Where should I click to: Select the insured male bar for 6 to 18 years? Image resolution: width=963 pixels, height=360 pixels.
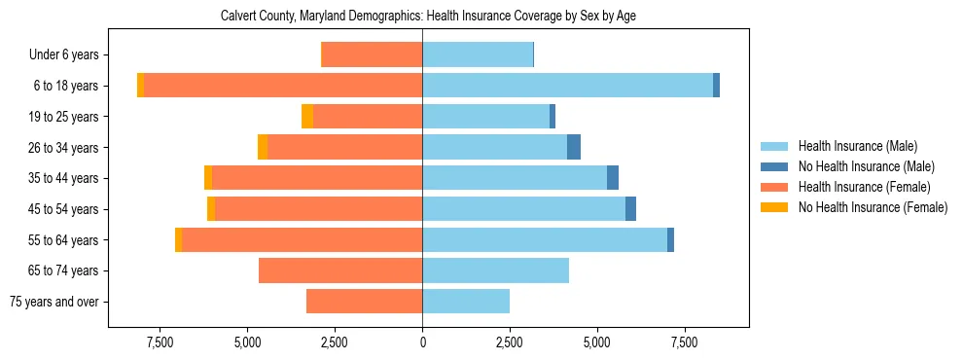(x=567, y=86)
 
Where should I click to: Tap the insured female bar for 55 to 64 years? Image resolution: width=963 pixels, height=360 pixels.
(x=302, y=239)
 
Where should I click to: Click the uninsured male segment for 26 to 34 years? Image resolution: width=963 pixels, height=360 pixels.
(x=574, y=147)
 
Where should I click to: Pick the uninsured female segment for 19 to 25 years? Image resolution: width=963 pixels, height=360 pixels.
(x=307, y=117)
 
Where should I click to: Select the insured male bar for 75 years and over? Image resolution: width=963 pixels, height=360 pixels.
(x=466, y=302)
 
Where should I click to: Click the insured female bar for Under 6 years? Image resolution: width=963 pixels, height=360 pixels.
(x=372, y=54)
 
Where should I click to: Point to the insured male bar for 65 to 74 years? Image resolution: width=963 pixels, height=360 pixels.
(x=495, y=270)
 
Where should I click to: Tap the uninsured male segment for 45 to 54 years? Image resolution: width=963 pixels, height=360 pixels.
(x=630, y=209)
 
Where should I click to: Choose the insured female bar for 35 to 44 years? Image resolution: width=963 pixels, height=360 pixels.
(x=317, y=178)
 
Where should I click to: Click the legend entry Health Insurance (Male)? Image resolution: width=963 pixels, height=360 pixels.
(x=857, y=146)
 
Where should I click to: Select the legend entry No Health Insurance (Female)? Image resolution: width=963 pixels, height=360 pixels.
(x=873, y=207)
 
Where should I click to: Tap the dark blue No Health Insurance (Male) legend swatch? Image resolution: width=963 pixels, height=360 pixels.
(x=775, y=166)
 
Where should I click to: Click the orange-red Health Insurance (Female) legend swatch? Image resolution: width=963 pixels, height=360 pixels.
(x=775, y=187)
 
